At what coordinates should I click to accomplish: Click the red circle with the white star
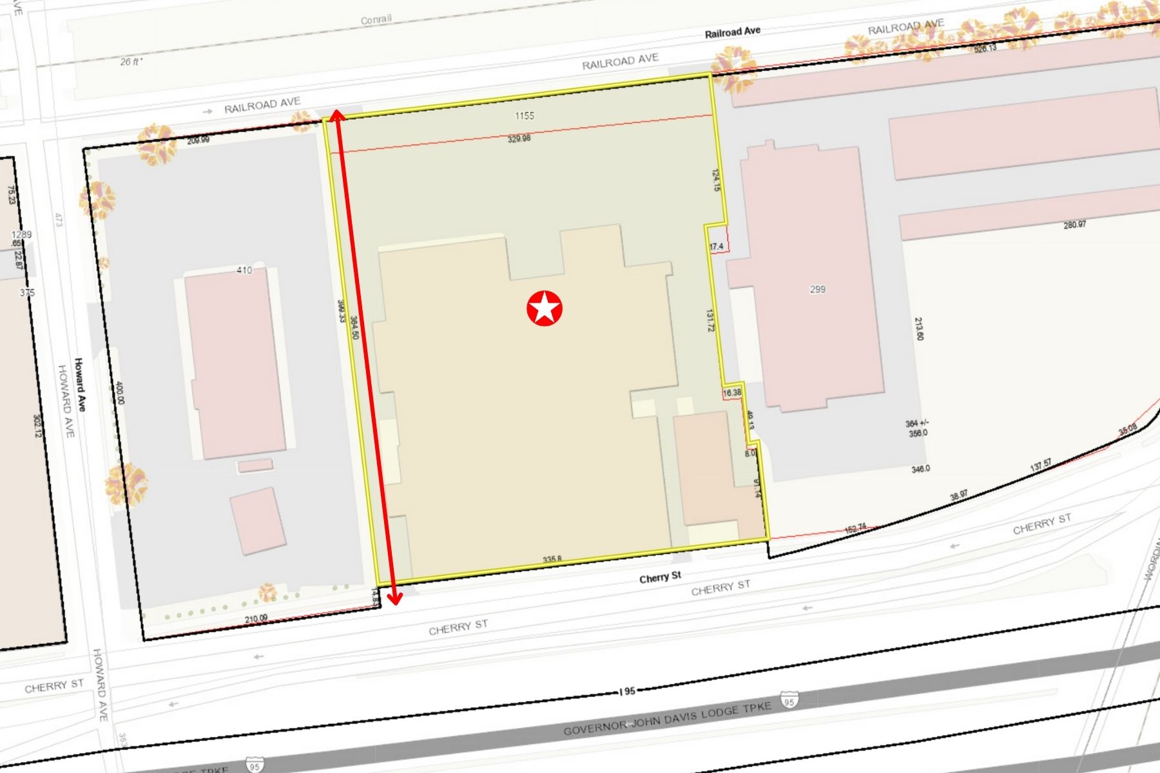[545, 308]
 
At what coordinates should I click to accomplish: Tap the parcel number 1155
[524, 116]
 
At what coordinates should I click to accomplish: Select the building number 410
[244, 270]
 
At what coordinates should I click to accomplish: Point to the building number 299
[817, 289]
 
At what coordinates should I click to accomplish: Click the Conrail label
[376, 19]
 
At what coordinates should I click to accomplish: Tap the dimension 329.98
[519, 138]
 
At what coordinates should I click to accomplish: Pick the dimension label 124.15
[716, 180]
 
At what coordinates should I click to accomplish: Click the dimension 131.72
[710, 321]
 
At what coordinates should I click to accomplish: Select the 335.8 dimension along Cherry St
[552, 560]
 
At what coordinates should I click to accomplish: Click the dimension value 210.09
[256, 619]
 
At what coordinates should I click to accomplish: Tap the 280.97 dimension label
[1074, 225]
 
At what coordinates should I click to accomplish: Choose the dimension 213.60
[919, 329]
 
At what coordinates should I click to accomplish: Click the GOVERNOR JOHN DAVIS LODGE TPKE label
[667, 718]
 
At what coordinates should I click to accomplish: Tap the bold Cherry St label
[660, 577]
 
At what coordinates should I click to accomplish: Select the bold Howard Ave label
[81, 385]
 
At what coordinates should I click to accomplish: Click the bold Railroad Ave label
[732, 32]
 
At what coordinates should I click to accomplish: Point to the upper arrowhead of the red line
[336, 115]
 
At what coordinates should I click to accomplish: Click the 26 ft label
[131, 62]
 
